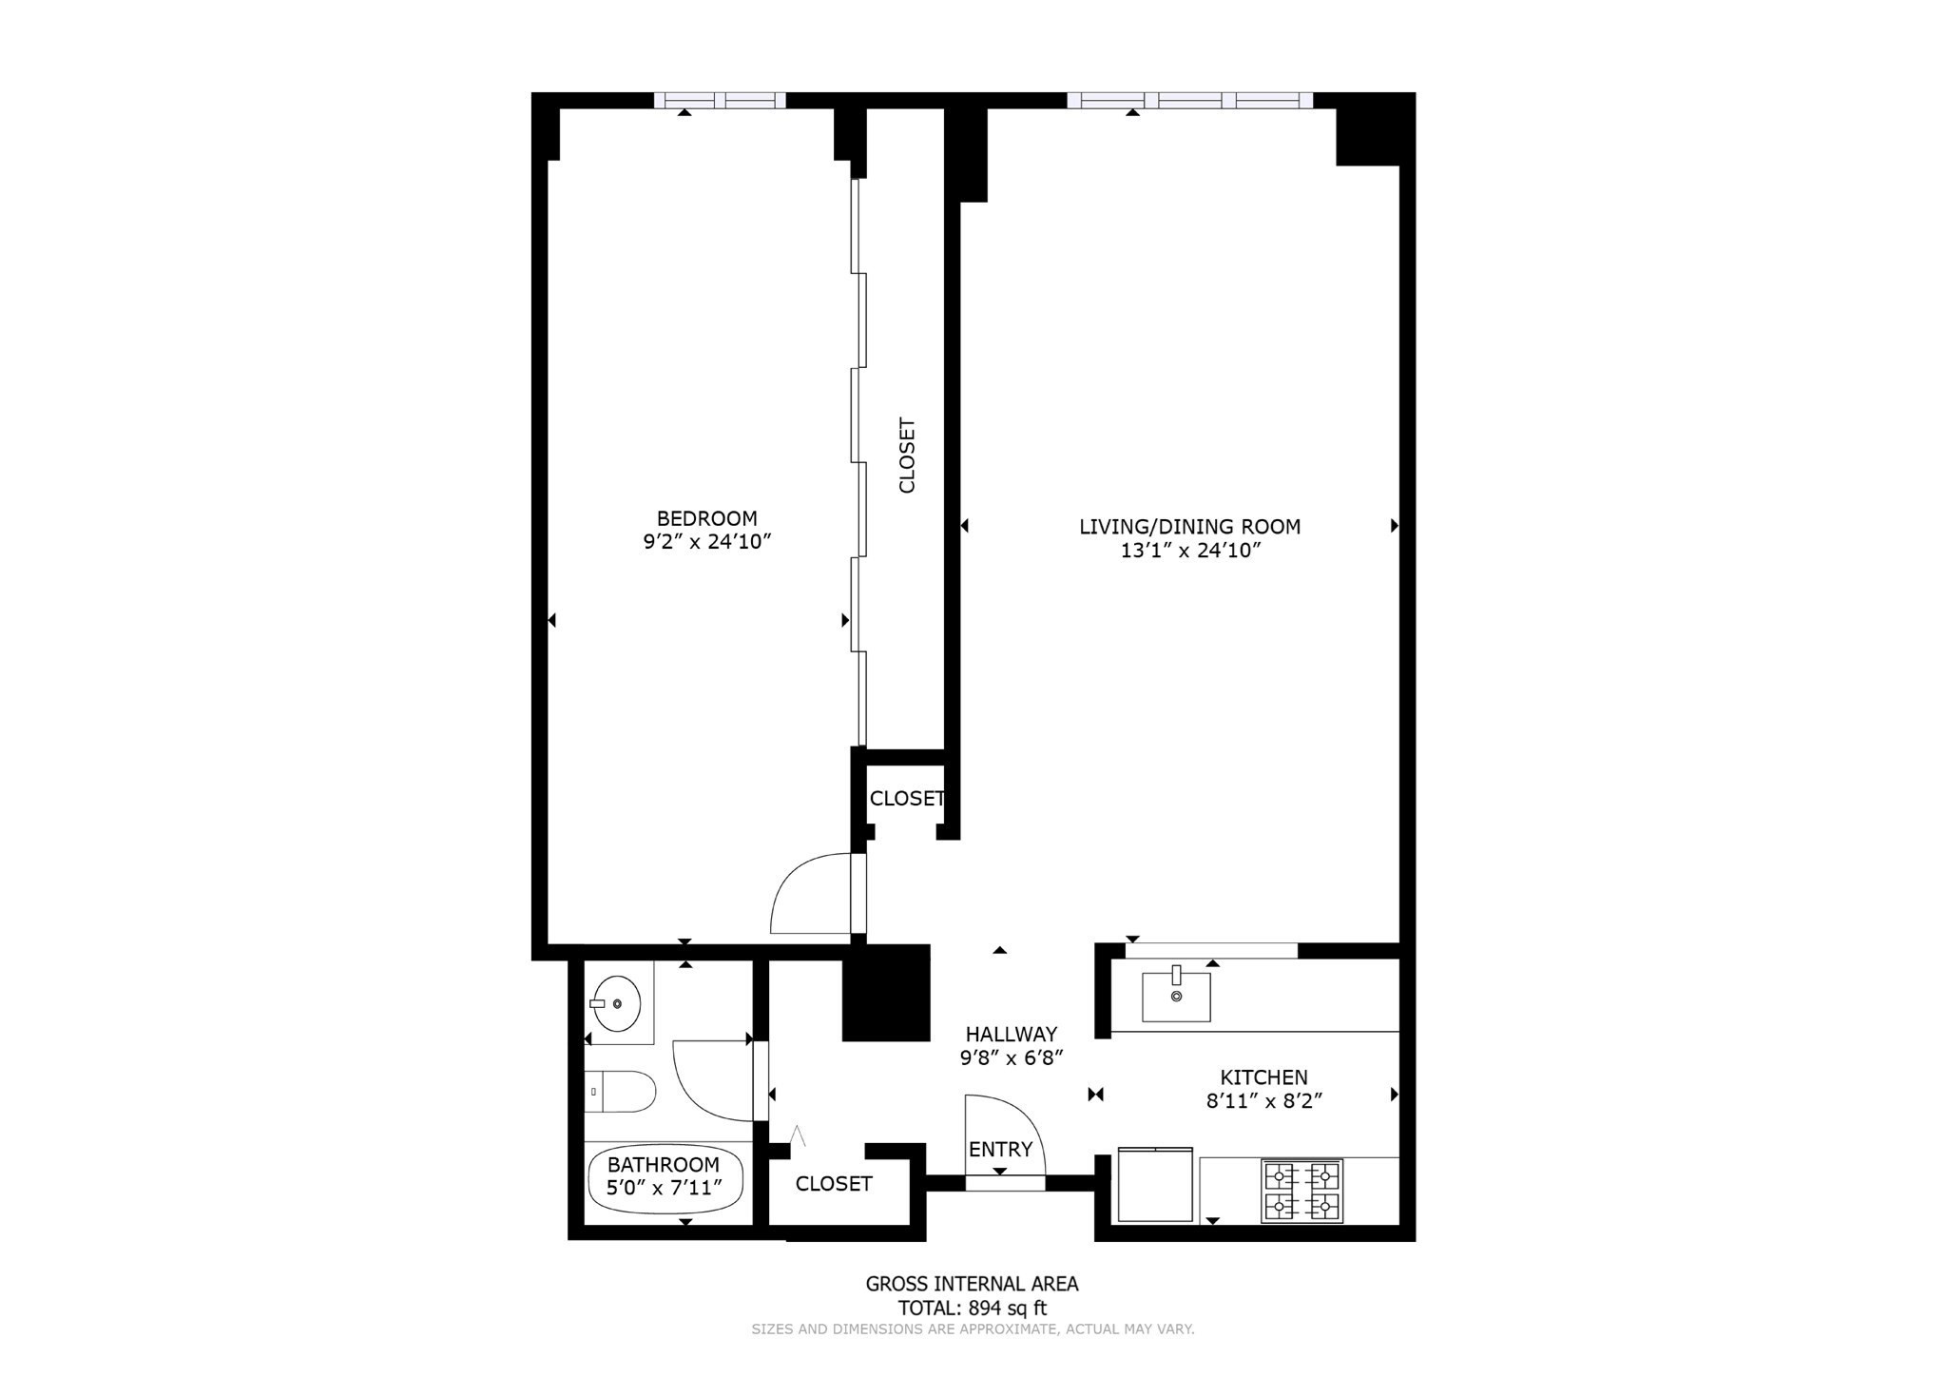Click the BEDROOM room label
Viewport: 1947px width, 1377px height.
pos(706,518)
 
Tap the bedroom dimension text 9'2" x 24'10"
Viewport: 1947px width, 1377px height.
pos(706,542)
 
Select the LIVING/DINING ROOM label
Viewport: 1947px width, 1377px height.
pos(1189,527)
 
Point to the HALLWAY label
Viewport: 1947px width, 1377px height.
pos(1011,1034)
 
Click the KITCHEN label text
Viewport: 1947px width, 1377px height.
pos(1263,1077)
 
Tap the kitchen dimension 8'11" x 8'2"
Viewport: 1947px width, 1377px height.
pos(1263,1101)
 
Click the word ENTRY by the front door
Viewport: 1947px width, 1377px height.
pos(1000,1150)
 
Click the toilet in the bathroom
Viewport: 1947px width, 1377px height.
pos(620,1092)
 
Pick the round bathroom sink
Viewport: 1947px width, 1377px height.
pos(615,1003)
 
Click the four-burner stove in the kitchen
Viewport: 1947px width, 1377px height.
pos(1301,1191)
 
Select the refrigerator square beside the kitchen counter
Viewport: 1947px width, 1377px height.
pos(1155,1185)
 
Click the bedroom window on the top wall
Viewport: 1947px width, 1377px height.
pos(720,100)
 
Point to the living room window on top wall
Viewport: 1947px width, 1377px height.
pos(1189,100)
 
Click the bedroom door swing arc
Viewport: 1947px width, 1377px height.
pos(808,894)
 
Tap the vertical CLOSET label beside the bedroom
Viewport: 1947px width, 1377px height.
pos(907,456)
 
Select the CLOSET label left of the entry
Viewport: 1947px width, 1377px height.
pos(834,1184)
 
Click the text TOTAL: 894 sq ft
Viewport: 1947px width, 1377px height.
pos(972,1309)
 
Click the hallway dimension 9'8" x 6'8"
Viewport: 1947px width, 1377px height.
pos(1011,1057)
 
